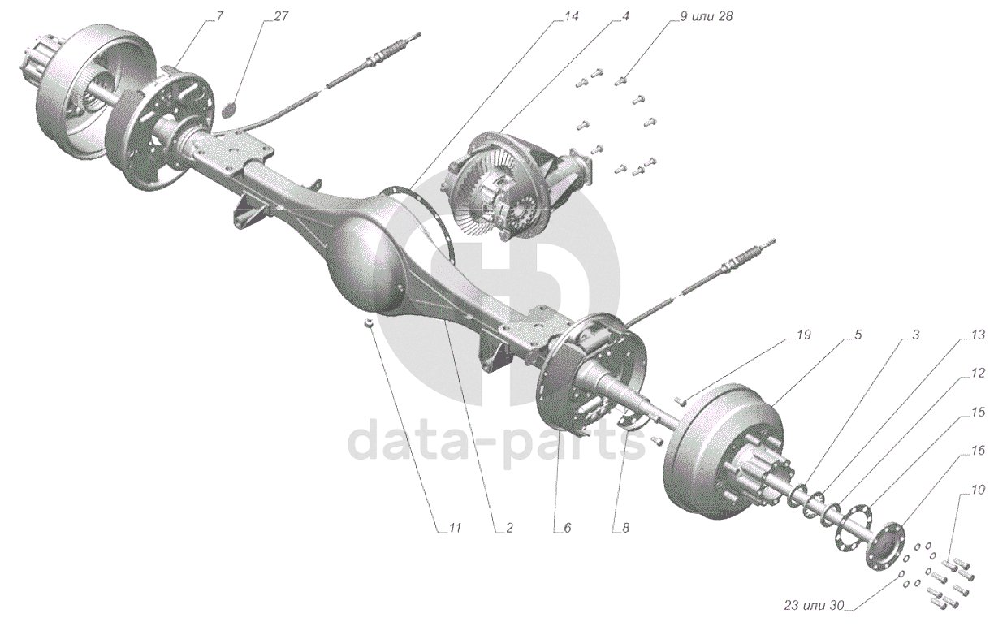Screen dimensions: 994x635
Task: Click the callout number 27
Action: tap(281, 17)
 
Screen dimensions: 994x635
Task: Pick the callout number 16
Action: tap(977, 449)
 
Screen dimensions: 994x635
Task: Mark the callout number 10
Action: tap(977, 490)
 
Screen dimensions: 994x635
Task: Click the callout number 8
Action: tap(624, 528)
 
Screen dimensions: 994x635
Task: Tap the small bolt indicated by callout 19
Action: tap(683, 399)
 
